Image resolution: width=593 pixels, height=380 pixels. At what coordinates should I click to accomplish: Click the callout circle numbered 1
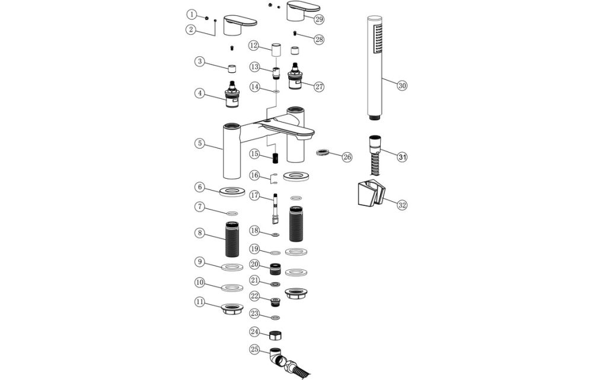[191, 14]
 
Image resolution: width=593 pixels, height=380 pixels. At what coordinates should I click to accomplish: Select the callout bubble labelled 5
[200, 143]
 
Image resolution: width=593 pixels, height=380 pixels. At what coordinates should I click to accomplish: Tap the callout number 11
[200, 301]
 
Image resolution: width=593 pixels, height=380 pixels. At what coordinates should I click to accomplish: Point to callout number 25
[254, 350]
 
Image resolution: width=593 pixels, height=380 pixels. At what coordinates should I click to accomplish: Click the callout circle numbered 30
[402, 85]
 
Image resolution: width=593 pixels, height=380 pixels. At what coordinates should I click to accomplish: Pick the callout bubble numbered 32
[402, 205]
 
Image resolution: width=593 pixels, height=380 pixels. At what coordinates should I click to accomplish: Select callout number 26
[347, 157]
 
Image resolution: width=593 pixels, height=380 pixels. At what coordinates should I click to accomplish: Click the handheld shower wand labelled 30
[373, 66]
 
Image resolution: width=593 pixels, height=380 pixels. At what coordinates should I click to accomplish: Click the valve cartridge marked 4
[232, 95]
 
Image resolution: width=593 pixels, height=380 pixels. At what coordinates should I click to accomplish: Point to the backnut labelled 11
[232, 308]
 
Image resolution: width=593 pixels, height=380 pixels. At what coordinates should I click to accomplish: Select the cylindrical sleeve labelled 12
[276, 49]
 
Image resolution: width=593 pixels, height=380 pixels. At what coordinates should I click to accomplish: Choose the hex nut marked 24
[275, 336]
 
